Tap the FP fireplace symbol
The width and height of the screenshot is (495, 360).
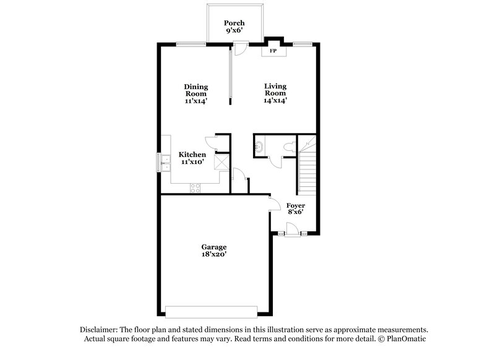pos(273,50)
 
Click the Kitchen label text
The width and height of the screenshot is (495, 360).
pos(192,158)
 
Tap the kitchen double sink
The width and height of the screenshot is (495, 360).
pos(166,162)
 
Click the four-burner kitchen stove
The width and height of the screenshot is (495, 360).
pos(195,187)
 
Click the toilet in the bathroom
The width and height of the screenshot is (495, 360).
pos(288,147)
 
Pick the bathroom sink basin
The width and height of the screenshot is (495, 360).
pos(258,147)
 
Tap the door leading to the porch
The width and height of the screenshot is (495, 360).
pos(241,48)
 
